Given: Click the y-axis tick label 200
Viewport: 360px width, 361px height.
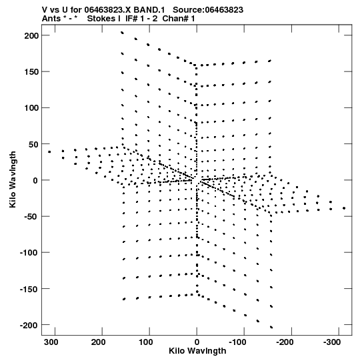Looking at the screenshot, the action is coord(32,35).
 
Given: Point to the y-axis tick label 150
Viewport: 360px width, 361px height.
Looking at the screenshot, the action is coord(32,72).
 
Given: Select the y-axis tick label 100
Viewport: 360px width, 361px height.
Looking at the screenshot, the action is coord(32,107).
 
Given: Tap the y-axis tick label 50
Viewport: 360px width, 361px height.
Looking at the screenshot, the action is coord(34,144).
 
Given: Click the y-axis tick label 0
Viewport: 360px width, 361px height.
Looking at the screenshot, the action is coord(35,180).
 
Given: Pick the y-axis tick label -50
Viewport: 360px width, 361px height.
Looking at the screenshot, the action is coord(32,217).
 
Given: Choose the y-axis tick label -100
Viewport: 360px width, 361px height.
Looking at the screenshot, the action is coord(29,253).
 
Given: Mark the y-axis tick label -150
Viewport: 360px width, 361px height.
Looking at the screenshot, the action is coord(29,289).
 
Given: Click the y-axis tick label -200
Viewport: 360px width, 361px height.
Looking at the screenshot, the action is coord(29,325).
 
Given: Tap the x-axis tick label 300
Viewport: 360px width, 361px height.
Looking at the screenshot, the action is coord(51,342).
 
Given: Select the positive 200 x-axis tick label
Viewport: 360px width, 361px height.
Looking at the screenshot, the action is coord(98,342).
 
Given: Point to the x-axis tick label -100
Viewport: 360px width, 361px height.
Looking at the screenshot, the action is coord(238,342).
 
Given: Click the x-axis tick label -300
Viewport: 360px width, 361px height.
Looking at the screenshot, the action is coord(332,342).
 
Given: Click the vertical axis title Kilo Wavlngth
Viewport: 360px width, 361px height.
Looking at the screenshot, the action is coord(13,179).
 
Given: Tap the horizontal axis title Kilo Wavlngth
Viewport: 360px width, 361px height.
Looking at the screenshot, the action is coord(197,351).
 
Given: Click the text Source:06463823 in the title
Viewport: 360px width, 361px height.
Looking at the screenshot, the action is coord(208,10).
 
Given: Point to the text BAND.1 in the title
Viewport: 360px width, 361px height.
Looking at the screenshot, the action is coord(149,10).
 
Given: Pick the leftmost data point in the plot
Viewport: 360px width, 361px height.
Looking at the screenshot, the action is coord(49,151).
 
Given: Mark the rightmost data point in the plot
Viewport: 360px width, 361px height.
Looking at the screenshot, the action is coord(344,208).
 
